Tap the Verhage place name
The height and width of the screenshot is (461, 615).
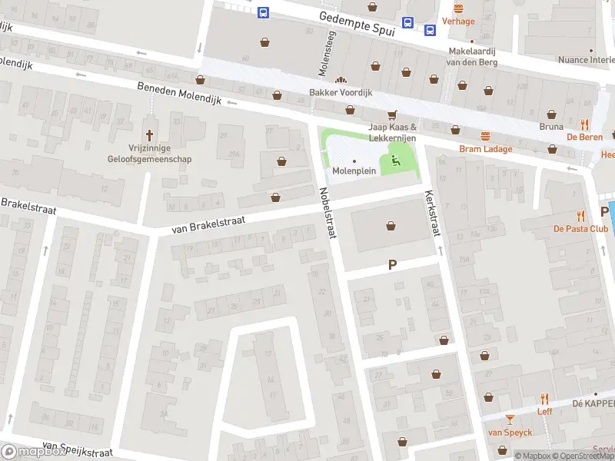pyautogui.click(x=458, y=22)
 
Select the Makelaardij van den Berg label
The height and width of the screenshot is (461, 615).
pyautogui.click(x=475, y=57)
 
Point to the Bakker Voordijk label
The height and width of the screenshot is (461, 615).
pyautogui.click(x=341, y=92)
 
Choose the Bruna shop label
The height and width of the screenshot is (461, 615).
pyautogui.click(x=551, y=127)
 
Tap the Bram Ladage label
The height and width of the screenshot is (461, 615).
pyautogui.click(x=485, y=148)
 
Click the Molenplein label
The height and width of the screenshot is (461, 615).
pyautogui.click(x=354, y=171)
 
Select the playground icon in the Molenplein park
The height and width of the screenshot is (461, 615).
pyautogui.click(x=396, y=161)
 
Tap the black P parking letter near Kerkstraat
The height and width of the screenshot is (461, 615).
pyautogui.click(x=392, y=264)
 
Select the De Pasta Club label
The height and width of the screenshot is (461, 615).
pyautogui.click(x=580, y=228)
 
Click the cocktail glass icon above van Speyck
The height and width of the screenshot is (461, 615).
pyautogui.click(x=509, y=419)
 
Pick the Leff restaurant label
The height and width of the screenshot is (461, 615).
pyautogui.click(x=544, y=411)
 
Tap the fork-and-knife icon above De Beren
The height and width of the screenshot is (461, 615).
pyautogui.click(x=584, y=124)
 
